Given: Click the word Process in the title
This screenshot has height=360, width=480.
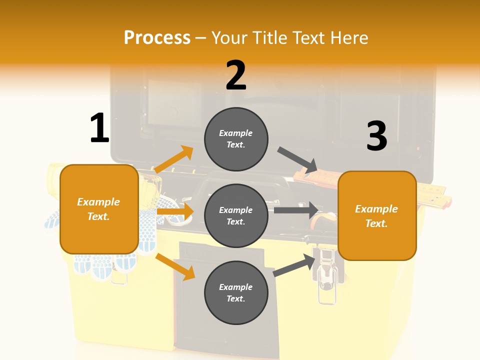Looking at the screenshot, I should pyautogui.click(x=157, y=37).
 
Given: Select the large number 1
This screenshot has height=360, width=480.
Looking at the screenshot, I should pyautogui.click(x=99, y=128).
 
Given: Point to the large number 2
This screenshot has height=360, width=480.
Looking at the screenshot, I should pyautogui.click(x=236, y=75).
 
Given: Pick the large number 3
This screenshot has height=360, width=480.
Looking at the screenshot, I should pyautogui.click(x=376, y=136).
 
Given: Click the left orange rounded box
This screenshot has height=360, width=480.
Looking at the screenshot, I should pyautogui.click(x=99, y=209).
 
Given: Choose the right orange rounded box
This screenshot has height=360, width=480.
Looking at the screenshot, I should pyautogui.click(x=377, y=215).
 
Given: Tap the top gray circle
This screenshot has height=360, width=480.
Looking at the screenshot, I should pyautogui.click(x=236, y=139).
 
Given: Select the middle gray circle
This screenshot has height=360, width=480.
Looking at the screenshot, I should pyautogui.click(x=236, y=215).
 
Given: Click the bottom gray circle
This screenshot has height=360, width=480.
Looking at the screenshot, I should pyautogui.click(x=236, y=292).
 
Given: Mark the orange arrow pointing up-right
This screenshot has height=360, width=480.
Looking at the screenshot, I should pyautogui.click(x=174, y=159).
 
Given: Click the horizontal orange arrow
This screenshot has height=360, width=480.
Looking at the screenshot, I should pyautogui.click(x=175, y=212).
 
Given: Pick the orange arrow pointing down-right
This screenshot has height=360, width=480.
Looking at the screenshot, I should pyautogui.click(x=175, y=266).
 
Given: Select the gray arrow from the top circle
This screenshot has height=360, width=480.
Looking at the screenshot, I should pyautogui.click(x=298, y=160).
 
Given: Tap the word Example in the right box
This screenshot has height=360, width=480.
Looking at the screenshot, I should pyautogui.click(x=376, y=209).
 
